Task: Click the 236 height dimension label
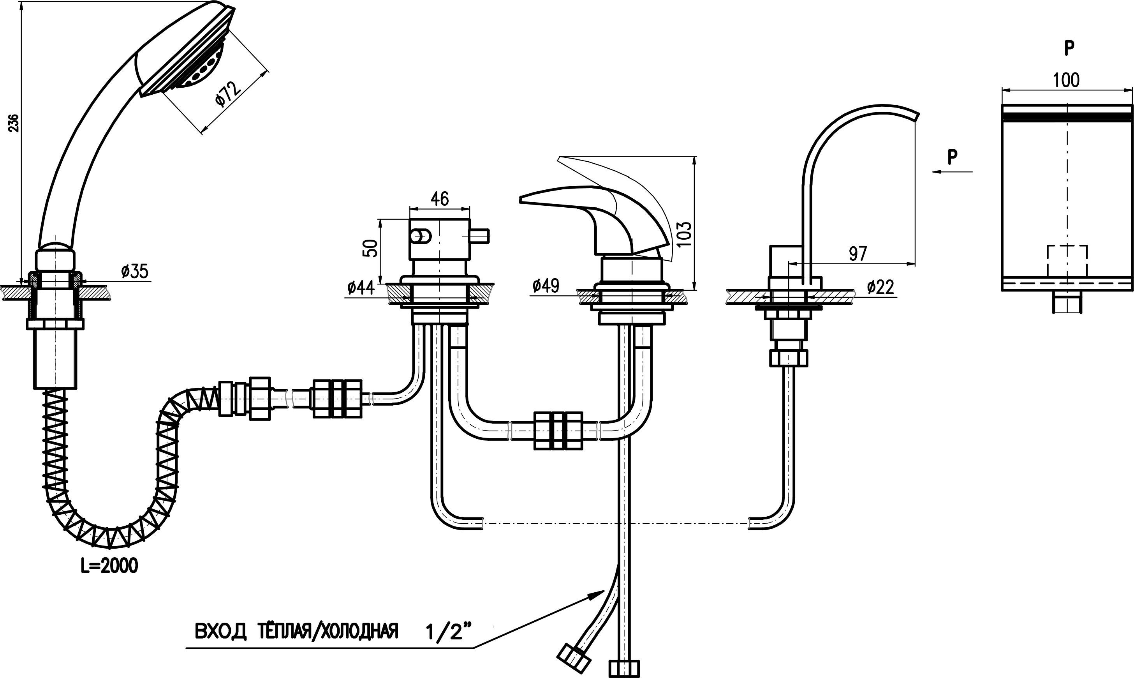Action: click(x=14, y=123)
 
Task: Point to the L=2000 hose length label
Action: click(x=109, y=566)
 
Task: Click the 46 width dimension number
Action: click(x=439, y=199)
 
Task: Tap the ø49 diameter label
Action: click(x=546, y=286)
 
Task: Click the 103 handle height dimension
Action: click(x=685, y=234)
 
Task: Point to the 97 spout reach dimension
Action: click(x=858, y=254)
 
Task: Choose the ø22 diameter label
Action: click(x=880, y=287)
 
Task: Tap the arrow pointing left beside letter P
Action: click(x=952, y=172)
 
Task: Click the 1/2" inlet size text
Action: click(x=448, y=632)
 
